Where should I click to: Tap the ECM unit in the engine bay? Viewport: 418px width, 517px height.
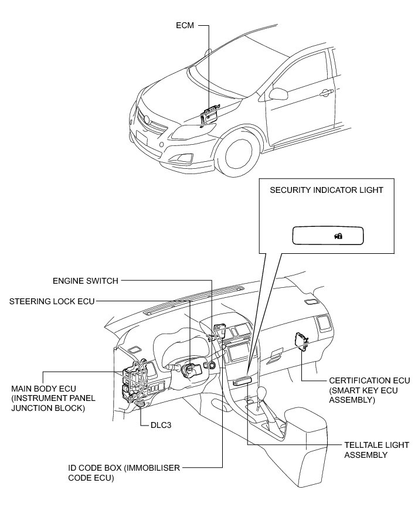209,115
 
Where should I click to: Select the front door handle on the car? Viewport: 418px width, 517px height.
324,93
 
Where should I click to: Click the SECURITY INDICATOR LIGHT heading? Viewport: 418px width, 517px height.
327,190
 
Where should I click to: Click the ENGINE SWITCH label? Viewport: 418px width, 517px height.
86,281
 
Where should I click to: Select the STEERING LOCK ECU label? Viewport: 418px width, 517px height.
52,301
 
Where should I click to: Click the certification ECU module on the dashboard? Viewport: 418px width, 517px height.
301,340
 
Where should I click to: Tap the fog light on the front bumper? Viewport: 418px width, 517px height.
186,157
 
